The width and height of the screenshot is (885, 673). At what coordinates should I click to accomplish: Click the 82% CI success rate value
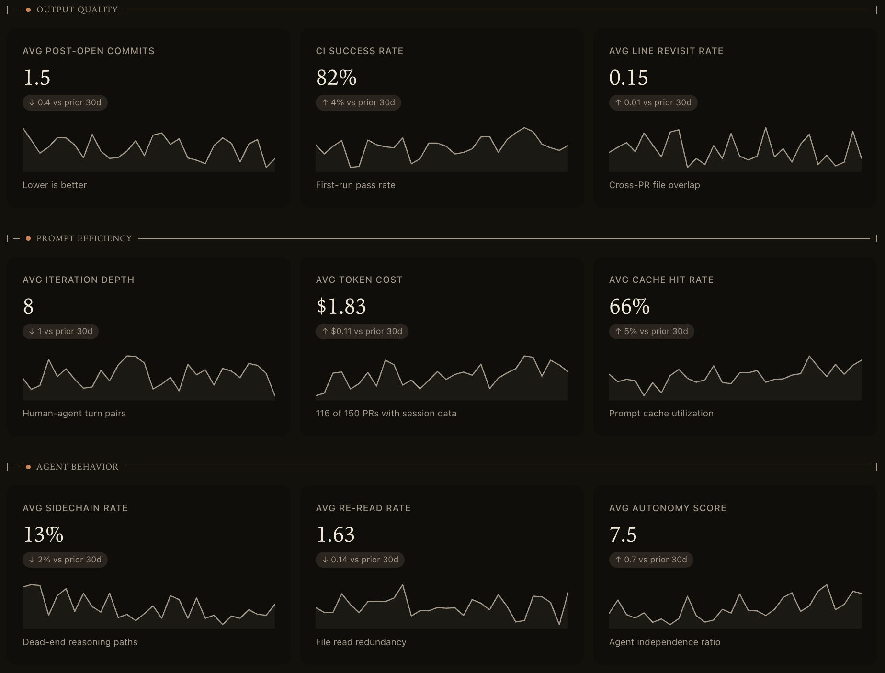pos(336,78)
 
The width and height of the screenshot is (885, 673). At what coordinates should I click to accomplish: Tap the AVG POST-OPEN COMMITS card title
pos(89,51)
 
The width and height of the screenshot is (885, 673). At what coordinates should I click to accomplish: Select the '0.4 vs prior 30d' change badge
pos(65,102)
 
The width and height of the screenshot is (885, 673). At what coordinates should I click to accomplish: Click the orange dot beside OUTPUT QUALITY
pos(28,10)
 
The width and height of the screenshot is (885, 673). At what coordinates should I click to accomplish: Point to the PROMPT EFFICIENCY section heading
pos(84,238)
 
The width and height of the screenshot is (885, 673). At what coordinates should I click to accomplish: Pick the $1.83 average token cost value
pos(341,306)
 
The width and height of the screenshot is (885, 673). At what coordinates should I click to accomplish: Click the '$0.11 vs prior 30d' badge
pos(362,331)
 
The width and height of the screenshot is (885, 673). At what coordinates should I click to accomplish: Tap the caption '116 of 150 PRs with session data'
pos(386,414)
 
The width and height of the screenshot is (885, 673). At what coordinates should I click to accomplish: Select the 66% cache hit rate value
pos(629,306)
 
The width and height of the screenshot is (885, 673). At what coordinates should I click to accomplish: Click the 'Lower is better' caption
pos(55,185)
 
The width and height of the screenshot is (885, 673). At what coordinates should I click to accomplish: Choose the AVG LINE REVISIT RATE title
pos(666,51)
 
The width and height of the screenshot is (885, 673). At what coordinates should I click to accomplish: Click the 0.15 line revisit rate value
pos(628,78)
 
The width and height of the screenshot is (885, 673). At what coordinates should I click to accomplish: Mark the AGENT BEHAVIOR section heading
pos(77,467)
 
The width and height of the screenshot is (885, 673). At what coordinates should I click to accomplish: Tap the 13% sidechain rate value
pos(43,535)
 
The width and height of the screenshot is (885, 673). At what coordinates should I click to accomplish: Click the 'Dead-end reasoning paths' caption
pos(80,642)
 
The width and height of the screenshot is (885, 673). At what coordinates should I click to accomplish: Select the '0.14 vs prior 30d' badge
pos(360,560)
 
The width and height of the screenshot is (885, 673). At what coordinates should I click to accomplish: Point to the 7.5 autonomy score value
pos(623,535)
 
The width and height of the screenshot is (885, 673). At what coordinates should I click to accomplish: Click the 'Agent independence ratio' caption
pos(664,642)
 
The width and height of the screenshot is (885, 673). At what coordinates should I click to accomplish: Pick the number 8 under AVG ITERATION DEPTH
pos(28,306)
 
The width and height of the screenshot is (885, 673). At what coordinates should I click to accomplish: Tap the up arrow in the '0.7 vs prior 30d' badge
pos(618,560)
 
